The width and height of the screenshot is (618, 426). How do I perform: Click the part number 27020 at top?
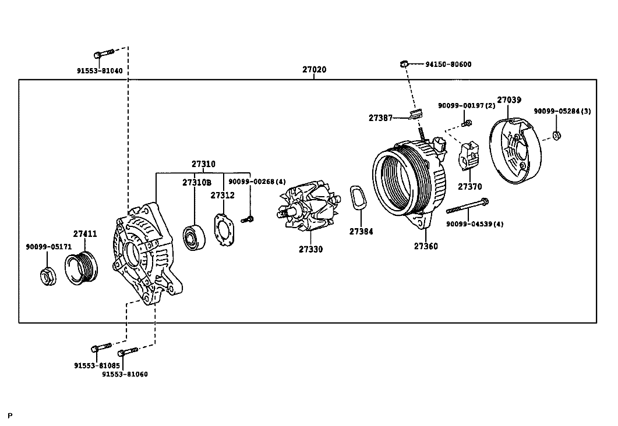[x=314, y=70]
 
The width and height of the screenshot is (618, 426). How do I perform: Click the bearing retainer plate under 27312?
[x=224, y=229]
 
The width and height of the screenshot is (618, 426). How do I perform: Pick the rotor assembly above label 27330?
[x=309, y=207]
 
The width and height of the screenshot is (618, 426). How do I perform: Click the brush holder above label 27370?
[x=469, y=157]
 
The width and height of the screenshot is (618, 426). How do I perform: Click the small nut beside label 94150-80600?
[x=404, y=63]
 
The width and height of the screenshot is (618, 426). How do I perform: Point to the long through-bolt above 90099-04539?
[x=468, y=206]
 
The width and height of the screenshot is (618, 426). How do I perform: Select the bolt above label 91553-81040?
[x=104, y=53]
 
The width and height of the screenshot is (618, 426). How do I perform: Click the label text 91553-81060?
[x=125, y=374]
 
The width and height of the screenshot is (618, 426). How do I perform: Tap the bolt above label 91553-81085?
[x=101, y=347]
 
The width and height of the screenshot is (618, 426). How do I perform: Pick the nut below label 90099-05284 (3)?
[x=556, y=136]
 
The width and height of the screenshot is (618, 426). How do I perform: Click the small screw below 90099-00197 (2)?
[x=466, y=123]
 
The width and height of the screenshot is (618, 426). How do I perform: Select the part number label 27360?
[x=426, y=246]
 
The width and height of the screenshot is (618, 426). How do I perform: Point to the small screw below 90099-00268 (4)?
[x=248, y=219]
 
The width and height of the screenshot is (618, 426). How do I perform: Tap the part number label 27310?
[x=203, y=164]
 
